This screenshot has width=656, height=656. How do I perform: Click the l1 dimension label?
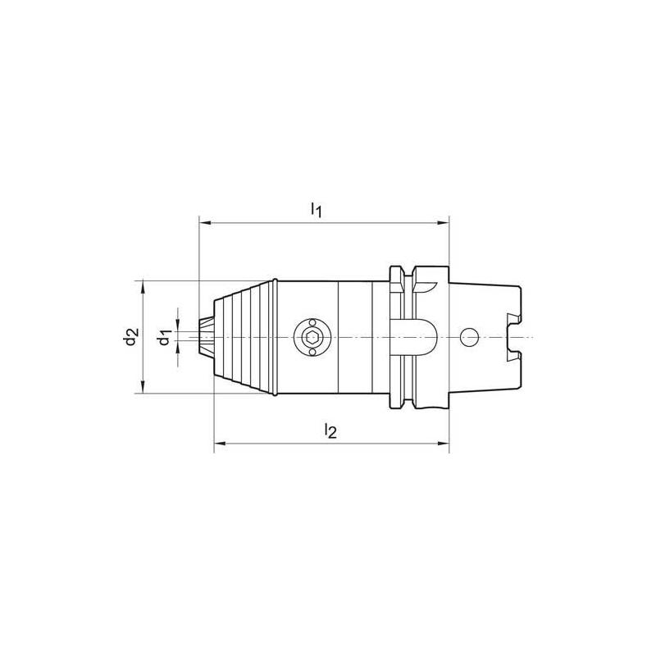point(316,210)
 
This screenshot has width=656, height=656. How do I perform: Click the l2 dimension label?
point(330,430)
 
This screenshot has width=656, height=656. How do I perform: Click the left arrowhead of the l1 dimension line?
point(204,222)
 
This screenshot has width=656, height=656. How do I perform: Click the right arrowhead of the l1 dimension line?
point(444,222)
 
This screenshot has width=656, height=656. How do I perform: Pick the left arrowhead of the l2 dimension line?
point(219,445)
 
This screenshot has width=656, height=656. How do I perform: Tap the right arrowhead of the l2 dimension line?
point(444,445)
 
